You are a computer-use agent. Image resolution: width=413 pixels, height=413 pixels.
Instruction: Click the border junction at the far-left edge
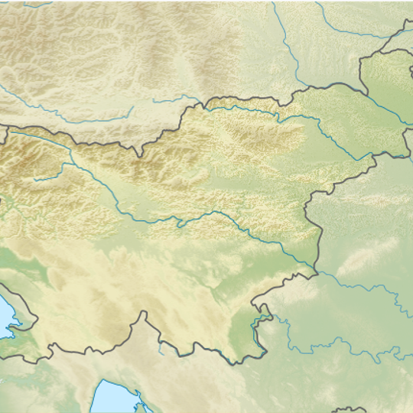point(6,127)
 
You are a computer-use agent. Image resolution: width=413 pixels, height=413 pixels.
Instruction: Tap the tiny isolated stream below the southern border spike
point(161,348)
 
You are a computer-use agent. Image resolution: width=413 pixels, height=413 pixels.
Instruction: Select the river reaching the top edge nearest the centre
point(275,8)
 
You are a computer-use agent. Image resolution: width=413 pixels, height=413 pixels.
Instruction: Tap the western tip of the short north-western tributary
point(34,180)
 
